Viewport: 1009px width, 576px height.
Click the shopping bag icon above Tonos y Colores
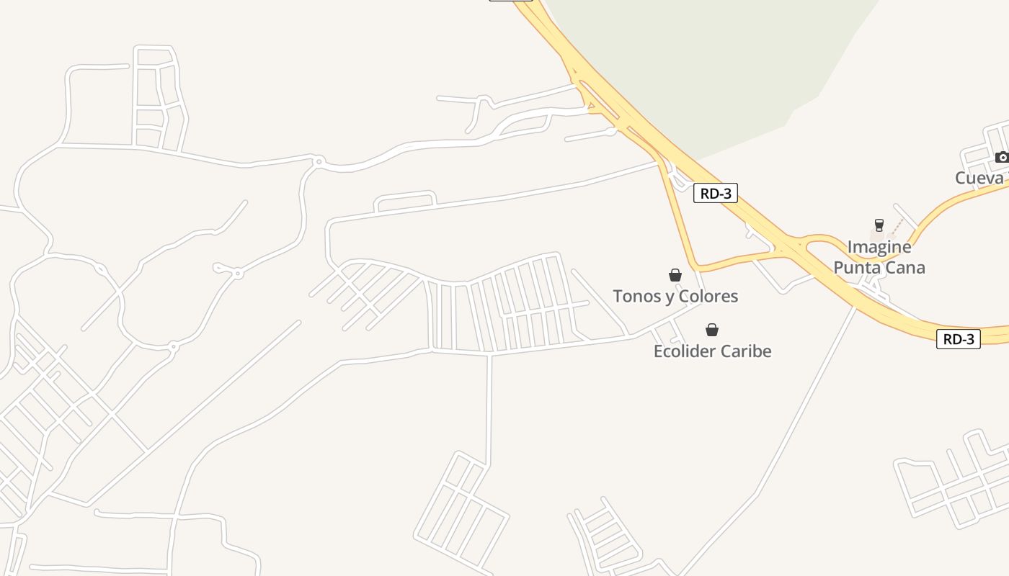click(675, 275)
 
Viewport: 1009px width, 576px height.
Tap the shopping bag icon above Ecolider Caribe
click(712, 330)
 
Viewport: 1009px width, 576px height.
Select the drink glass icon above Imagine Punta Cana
click(879, 225)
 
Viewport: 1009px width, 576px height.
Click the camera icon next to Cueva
click(1001, 157)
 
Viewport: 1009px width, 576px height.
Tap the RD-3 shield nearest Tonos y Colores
click(716, 193)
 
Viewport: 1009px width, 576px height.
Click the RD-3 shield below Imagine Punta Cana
click(959, 339)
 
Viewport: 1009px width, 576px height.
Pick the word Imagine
click(879, 247)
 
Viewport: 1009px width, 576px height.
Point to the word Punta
click(858, 268)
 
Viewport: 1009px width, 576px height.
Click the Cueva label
click(979, 178)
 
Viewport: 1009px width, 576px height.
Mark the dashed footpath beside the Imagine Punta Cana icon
click(896, 227)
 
